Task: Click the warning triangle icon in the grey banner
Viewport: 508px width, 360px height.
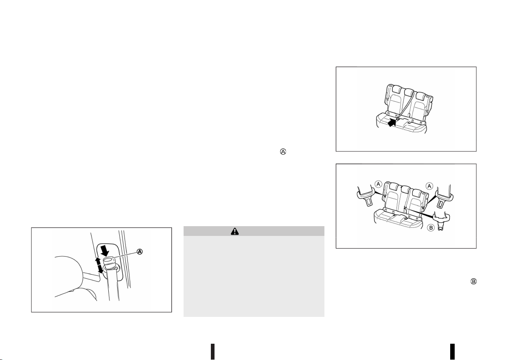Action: click(235, 231)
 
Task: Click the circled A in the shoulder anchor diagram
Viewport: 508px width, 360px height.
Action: click(140, 252)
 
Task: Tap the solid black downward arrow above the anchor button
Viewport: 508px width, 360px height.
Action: click(105, 250)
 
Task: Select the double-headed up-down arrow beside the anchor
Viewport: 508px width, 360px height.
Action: click(99, 265)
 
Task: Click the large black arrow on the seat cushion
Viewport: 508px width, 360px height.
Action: click(392, 123)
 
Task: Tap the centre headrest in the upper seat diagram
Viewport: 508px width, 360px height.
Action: click(409, 92)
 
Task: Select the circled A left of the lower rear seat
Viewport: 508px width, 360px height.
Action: click(378, 184)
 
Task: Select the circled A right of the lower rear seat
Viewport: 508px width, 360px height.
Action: click(429, 186)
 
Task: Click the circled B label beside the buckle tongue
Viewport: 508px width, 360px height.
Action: click(431, 228)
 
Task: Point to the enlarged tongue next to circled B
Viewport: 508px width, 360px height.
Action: click(441, 220)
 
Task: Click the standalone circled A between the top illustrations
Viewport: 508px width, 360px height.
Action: click(283, 152)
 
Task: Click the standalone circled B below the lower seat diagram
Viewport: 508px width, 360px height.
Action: click(473, 281)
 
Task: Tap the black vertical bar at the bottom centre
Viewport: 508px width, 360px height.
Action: click(213, 351)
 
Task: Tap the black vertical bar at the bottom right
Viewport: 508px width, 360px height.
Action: click(453, 351)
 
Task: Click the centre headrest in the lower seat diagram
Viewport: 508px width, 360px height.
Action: click(405, 190)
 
